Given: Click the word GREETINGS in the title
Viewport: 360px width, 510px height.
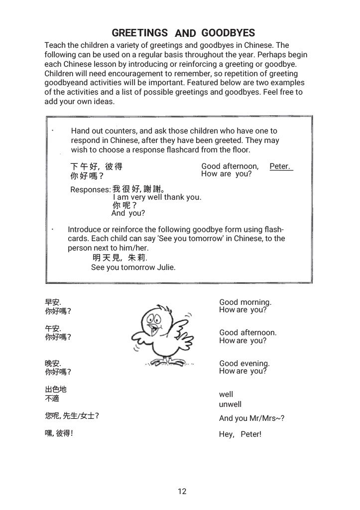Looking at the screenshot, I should (x=139, y=33).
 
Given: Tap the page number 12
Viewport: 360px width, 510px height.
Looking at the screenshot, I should (x=182, y=492).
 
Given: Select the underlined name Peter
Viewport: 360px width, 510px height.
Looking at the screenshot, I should (x=280, y=166).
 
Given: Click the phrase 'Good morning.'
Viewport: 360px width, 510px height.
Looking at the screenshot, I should (x=245, y=302).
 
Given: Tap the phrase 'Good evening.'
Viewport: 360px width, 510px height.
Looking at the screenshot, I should (x=244, y=364).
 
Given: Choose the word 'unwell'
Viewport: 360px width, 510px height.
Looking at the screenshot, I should (x=230, y=404).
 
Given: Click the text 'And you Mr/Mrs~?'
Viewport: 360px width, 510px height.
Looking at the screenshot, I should (x=252, y=419).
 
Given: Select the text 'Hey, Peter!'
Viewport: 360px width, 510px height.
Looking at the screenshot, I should (x=240, y=434).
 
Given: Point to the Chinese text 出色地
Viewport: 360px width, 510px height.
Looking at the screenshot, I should (x=56, y=390).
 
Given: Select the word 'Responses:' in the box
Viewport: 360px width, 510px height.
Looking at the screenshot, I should (x=90, y=190).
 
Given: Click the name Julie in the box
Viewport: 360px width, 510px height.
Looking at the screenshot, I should (x=165, y=267).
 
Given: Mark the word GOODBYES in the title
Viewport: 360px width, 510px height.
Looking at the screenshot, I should (x=229, y=33).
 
